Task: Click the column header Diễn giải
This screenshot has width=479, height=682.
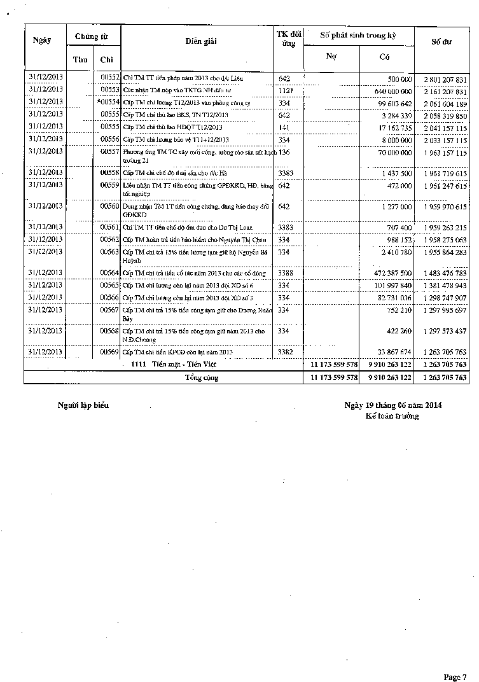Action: [x=201, y=41]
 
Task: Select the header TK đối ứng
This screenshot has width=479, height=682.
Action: [x=288, y=39]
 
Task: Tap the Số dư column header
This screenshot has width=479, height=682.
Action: [x=441, y=41]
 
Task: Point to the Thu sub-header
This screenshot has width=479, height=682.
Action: [x=80, y=60]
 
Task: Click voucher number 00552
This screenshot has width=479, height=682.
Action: [x=110, y=78]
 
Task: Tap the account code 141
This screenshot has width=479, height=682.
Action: [x=284, y=127]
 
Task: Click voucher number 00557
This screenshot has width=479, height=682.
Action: [x=110, y=152]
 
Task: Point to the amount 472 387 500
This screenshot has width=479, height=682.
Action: [x=390, y=274]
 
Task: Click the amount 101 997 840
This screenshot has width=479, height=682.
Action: [x=390, y=286]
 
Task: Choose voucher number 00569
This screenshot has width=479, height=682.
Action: [x=110, y=352]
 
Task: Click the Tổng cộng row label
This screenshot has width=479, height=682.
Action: [x=201, y=377]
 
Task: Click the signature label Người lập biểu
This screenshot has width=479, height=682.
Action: [x=83, y=405]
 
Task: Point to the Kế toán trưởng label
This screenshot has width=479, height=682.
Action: [x=392, y=416]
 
